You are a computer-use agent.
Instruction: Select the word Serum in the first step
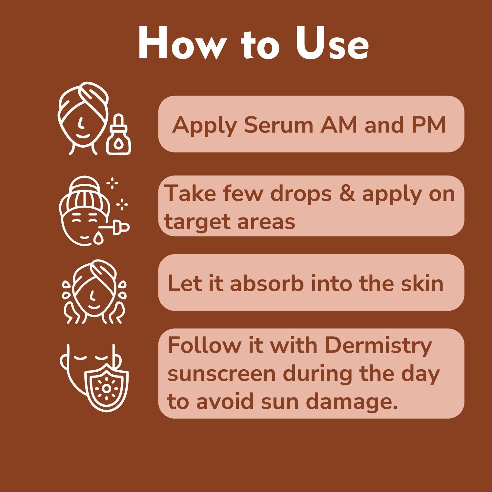point(278,125)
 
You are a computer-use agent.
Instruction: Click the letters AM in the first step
point(338,125)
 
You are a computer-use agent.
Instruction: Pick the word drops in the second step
point(301,194)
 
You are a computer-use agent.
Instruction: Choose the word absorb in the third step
point(266,283)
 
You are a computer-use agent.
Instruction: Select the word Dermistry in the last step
point(379,345)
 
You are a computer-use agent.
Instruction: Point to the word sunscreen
point(221,374)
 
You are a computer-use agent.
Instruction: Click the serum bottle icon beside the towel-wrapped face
point(118,136)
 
